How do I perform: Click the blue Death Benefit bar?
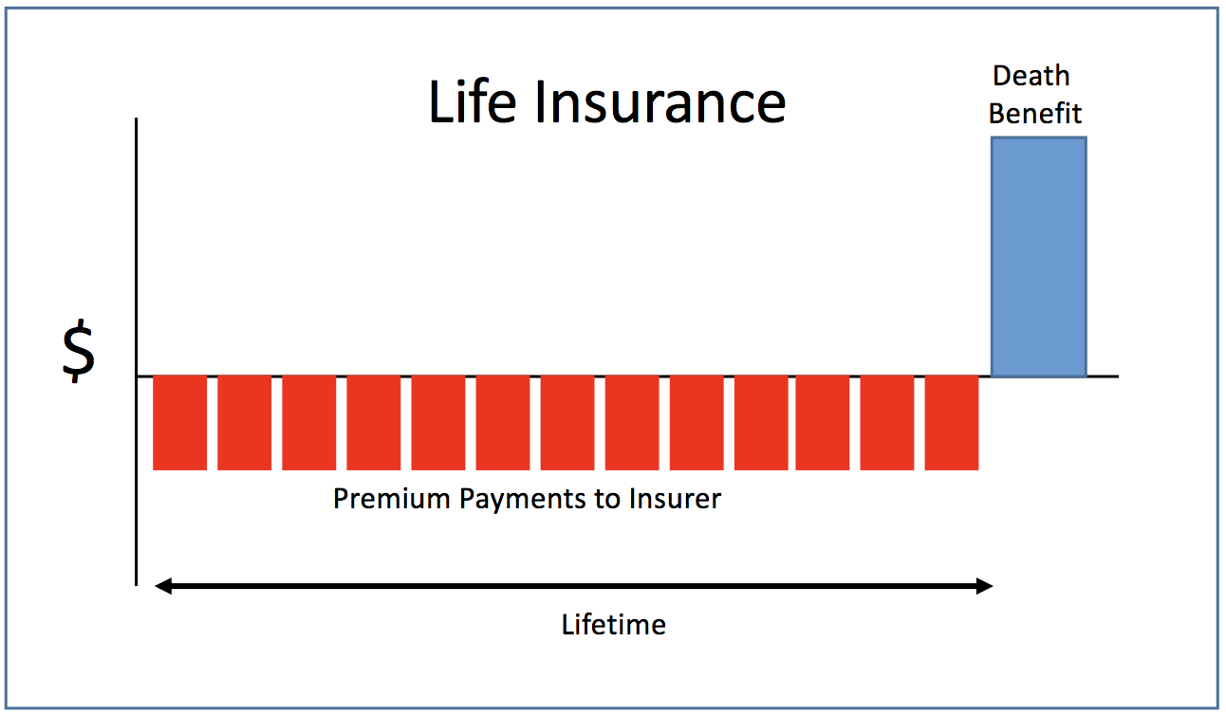pyautogui.click(x=1039, y=257)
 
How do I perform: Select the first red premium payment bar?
pyautogui.click(x=179, y=422)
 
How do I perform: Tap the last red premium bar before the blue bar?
pyautogui.click(x=952, y=422)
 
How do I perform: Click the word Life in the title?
pyautogui.click(x=473, y=102)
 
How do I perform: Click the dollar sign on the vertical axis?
pyautogui.click(x=79, y=353)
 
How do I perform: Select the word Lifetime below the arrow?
pyautogui.click(x=614, y=625)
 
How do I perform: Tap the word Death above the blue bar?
pyautogui.click(x=1031, y=76)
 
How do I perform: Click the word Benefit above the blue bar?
pyautogui.click(x=1035, y=113)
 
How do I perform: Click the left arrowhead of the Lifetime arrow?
pyautogui.click(x=163, y=586)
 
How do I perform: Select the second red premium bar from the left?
pyautogui.click(x=244, y=422)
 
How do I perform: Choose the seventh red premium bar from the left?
pyautogui.click(x=567, y=422)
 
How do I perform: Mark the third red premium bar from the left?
pyautogui.click(x=308, y=422)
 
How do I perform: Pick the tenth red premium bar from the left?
pyautogui.click(x=761, y=422)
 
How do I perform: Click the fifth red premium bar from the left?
pyautogui.click(x=438, y=422)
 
